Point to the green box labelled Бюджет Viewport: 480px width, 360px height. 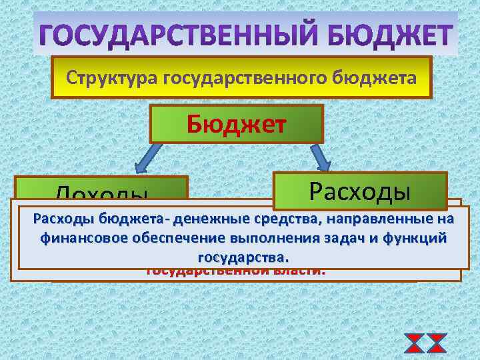[x=237, y=124]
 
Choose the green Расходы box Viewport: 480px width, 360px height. [x=359, y=191]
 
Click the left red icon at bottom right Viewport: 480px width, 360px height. [x=415, y=344]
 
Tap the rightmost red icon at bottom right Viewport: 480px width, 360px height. [x=437, y=344]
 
